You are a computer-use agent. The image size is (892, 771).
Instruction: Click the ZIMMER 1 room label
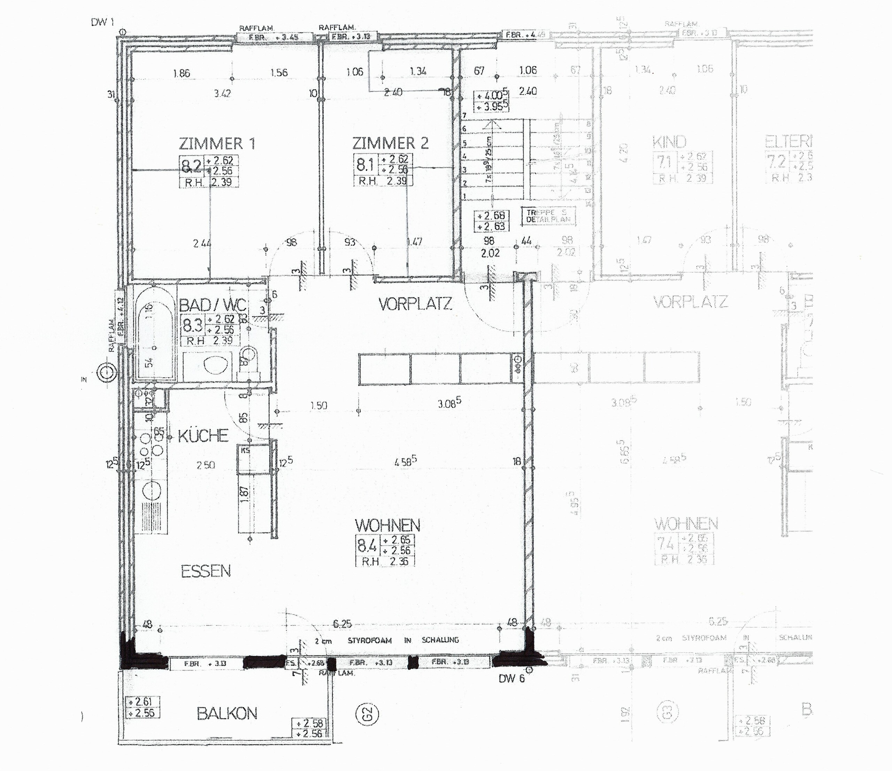point(217,143)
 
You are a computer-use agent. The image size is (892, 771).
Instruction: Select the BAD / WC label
point(213,305)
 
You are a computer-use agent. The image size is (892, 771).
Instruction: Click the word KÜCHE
point(203,436)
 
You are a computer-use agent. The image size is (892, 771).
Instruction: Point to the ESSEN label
point(206,572)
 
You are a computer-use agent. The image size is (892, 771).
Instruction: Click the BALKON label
point(227,714)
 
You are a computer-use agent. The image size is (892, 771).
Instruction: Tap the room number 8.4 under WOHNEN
point(366,546)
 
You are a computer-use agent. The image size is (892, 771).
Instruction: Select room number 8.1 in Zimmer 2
point(364,165)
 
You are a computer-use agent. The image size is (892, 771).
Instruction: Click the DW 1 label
point(102,22)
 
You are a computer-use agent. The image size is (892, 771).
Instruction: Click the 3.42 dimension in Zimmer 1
point(222,93)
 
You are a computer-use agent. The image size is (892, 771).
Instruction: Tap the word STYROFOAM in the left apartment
point(369,641)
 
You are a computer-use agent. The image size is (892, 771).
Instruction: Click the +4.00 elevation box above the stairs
point(491,96)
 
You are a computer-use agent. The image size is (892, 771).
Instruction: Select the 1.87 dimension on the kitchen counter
point(245,494)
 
